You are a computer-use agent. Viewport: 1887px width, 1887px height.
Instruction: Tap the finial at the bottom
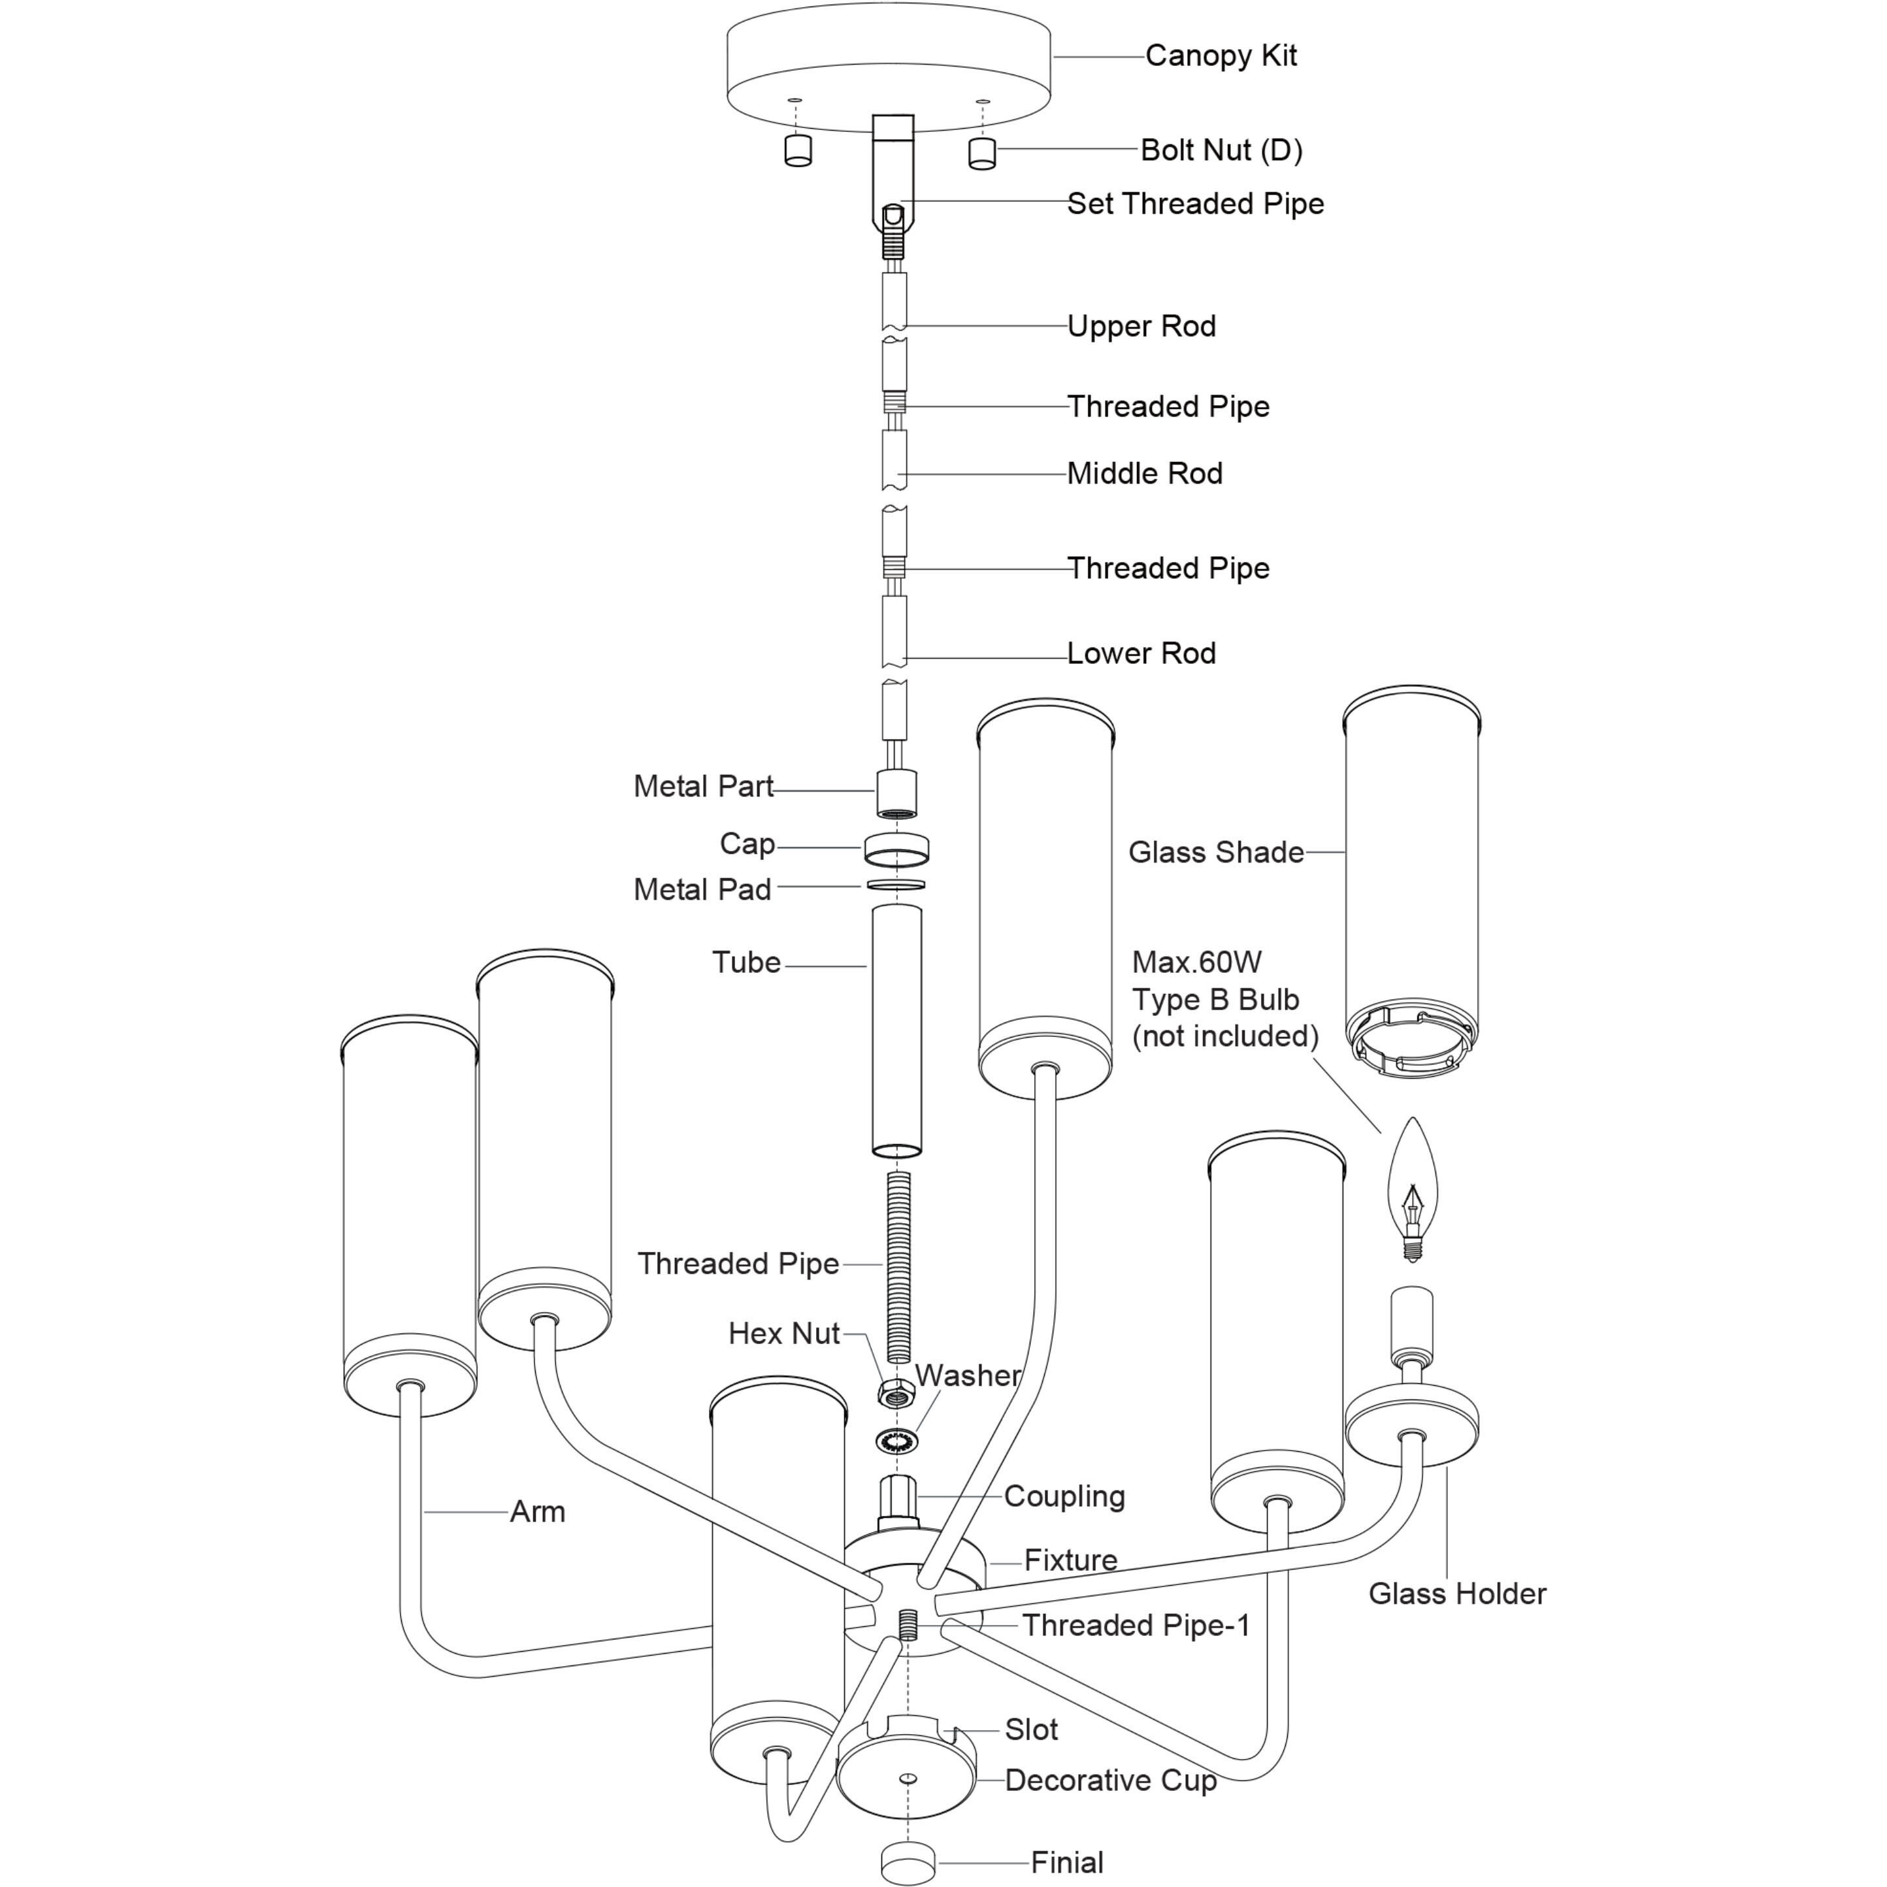click(908, 1863)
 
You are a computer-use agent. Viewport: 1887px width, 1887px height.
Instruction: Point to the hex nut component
click(896, 1393)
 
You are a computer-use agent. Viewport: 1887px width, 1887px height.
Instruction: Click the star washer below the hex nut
click(896, 1439)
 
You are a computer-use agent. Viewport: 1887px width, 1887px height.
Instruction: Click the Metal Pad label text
click(702, 890)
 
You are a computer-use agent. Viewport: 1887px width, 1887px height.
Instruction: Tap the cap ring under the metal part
click(896, 849)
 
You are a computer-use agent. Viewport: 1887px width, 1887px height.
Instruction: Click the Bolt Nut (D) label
click(1221, 150)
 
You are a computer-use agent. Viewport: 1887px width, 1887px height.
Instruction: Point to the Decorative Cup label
click(1111, 1780)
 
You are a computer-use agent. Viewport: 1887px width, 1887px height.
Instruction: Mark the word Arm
click(537, 1512)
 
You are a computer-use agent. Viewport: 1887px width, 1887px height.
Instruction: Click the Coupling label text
click(1064, 1496)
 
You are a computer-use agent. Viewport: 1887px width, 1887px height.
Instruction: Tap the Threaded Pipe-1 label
click(1136, 1625)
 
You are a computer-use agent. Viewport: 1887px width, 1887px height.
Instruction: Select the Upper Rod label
click(1141, 326)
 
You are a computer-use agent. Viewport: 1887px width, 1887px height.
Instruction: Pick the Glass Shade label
click(1215, 853)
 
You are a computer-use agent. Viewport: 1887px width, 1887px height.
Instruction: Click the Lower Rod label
click(1141, 653)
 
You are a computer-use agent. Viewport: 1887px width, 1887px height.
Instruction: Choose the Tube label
click(746, 963)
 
